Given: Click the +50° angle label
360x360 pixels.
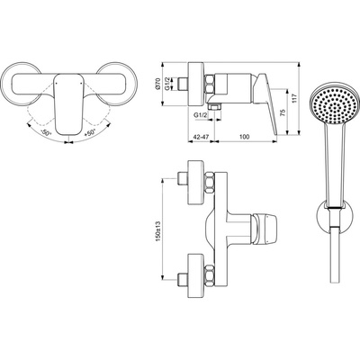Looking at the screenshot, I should (x=90, y=132).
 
